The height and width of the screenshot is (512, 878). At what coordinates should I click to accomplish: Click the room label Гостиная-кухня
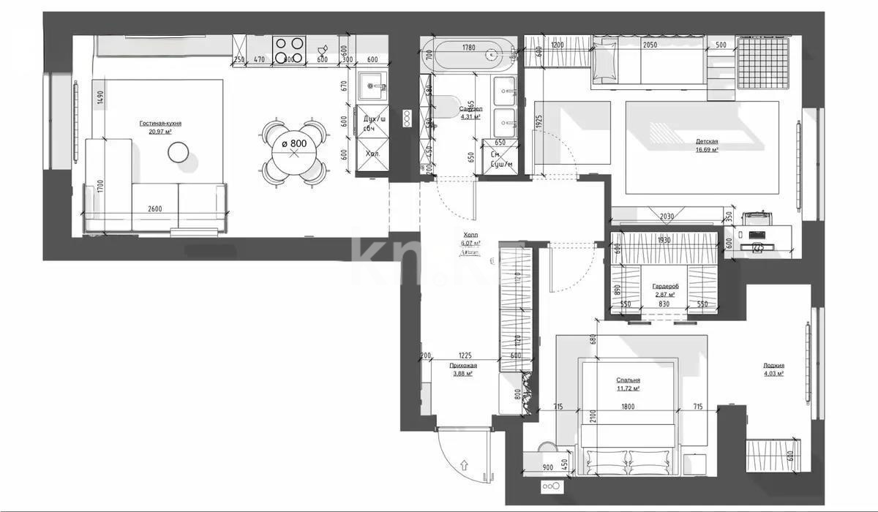[160, 124]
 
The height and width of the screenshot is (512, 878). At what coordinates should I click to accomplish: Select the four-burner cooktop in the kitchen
[288, 50]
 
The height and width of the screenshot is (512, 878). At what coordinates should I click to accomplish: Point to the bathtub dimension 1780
[468, 48]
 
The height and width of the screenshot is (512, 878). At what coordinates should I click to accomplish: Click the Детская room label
[706, 141]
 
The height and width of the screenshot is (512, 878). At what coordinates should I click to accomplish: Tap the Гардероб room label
[664, 286]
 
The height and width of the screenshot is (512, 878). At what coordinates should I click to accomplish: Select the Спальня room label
[628, 380]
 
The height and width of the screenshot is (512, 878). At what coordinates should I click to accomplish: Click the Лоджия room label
[773, 365]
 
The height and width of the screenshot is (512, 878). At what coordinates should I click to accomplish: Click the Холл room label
[469, 236]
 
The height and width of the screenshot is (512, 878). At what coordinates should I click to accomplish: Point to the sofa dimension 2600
[154, 208]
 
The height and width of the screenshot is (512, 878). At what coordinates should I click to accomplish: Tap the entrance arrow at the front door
[465, 464]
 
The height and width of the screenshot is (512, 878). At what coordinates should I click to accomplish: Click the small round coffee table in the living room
[179, 152]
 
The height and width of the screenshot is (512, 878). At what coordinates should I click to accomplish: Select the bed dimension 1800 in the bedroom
[627, 407]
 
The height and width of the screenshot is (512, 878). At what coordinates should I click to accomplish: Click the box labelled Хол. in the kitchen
[372, 154]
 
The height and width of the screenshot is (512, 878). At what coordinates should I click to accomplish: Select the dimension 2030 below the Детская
[666, 216]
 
